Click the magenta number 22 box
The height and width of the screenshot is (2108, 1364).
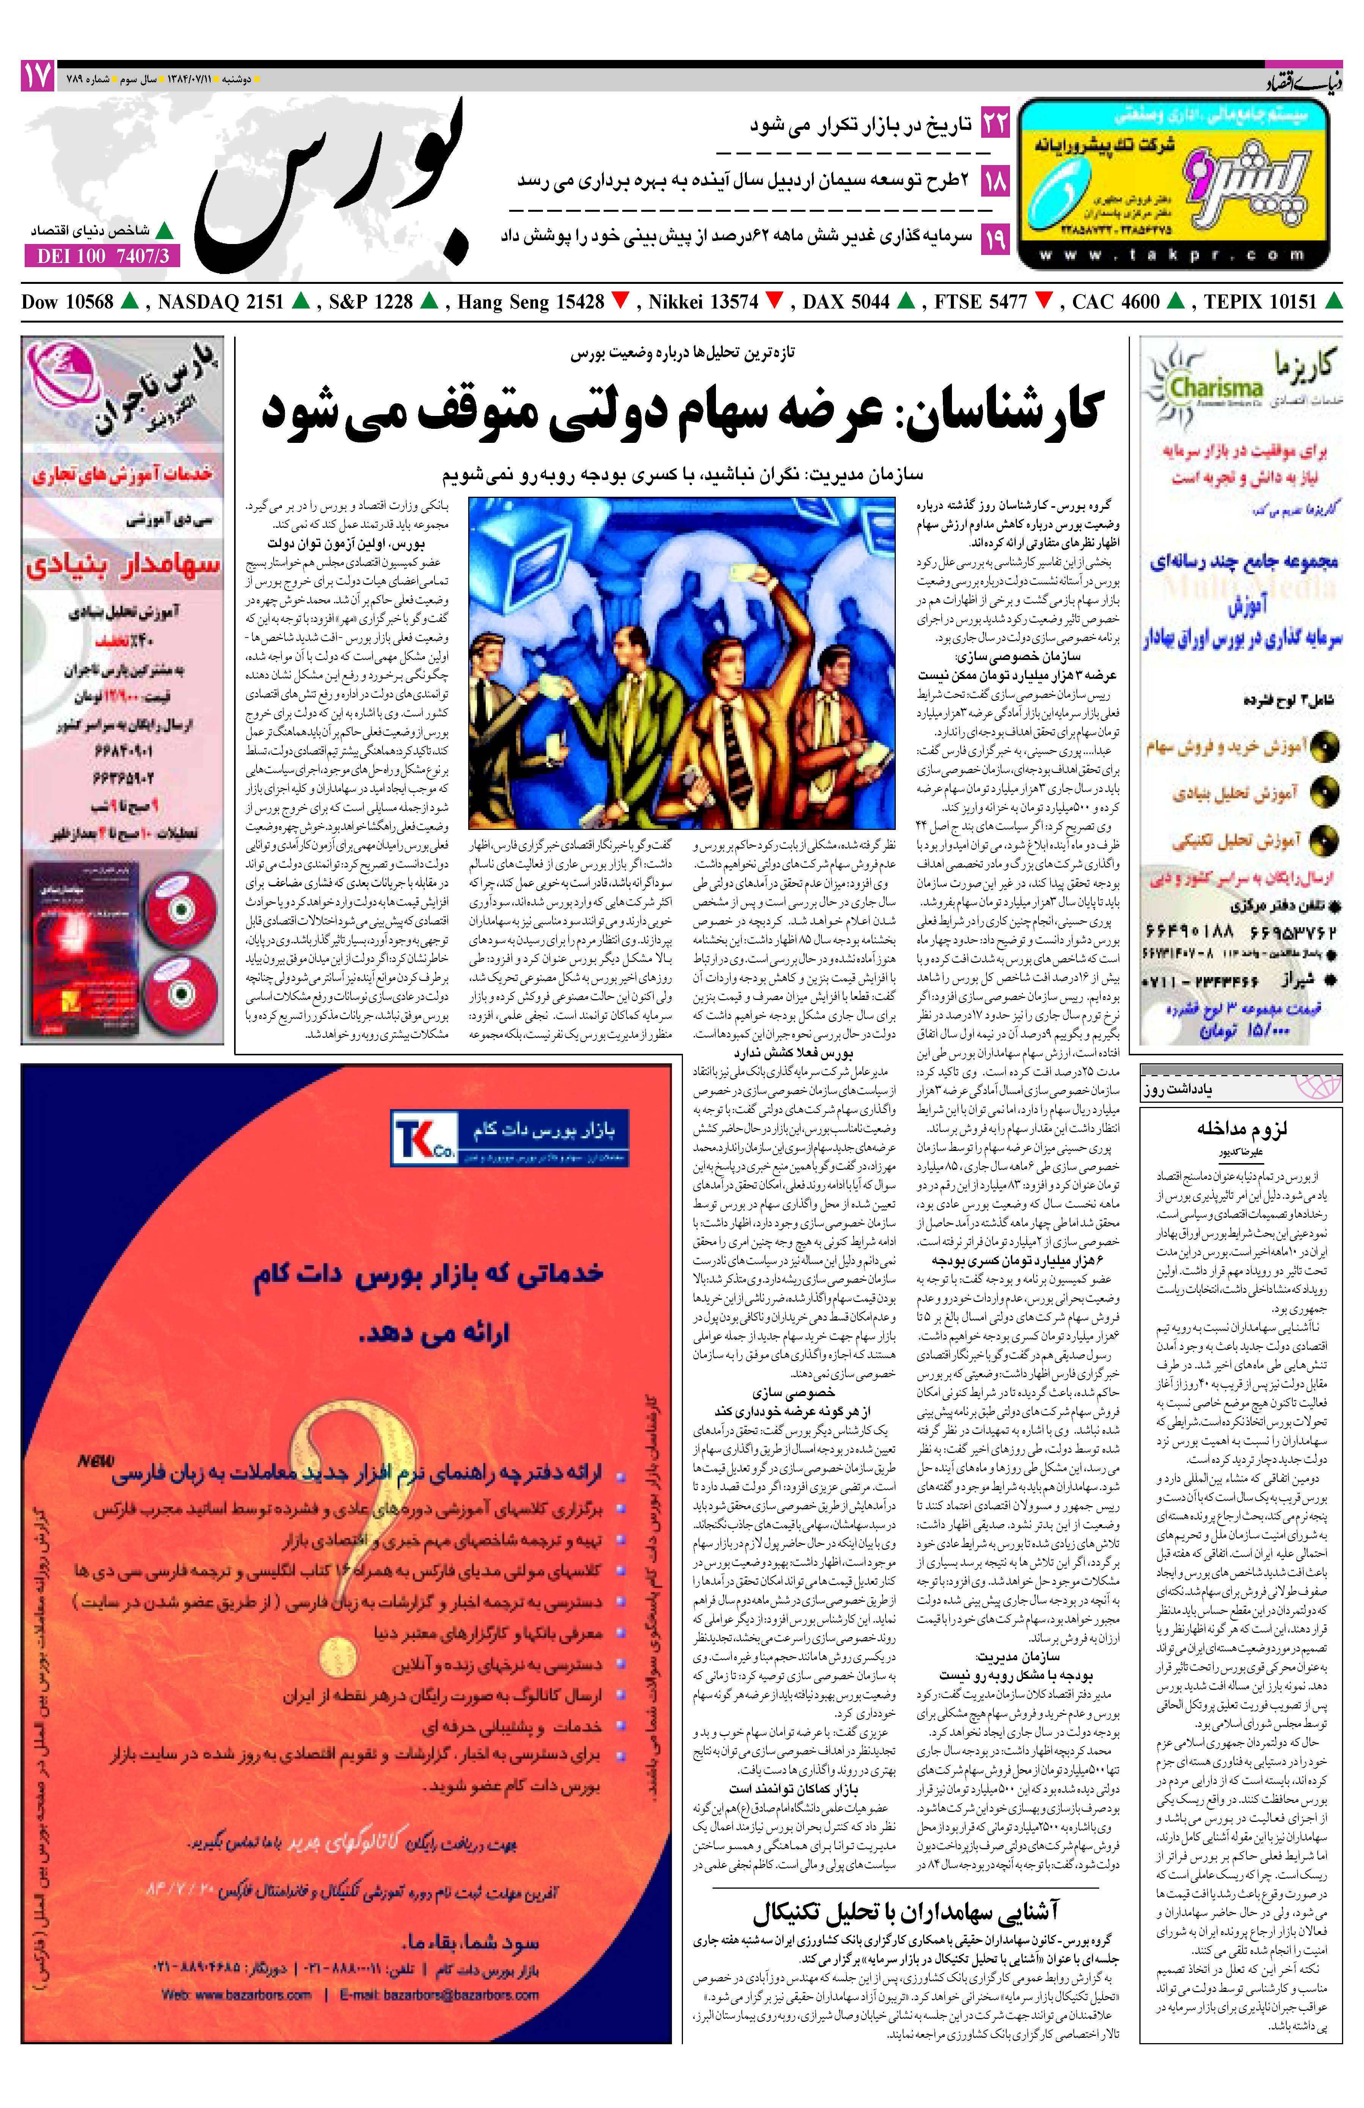pos(995,124)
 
